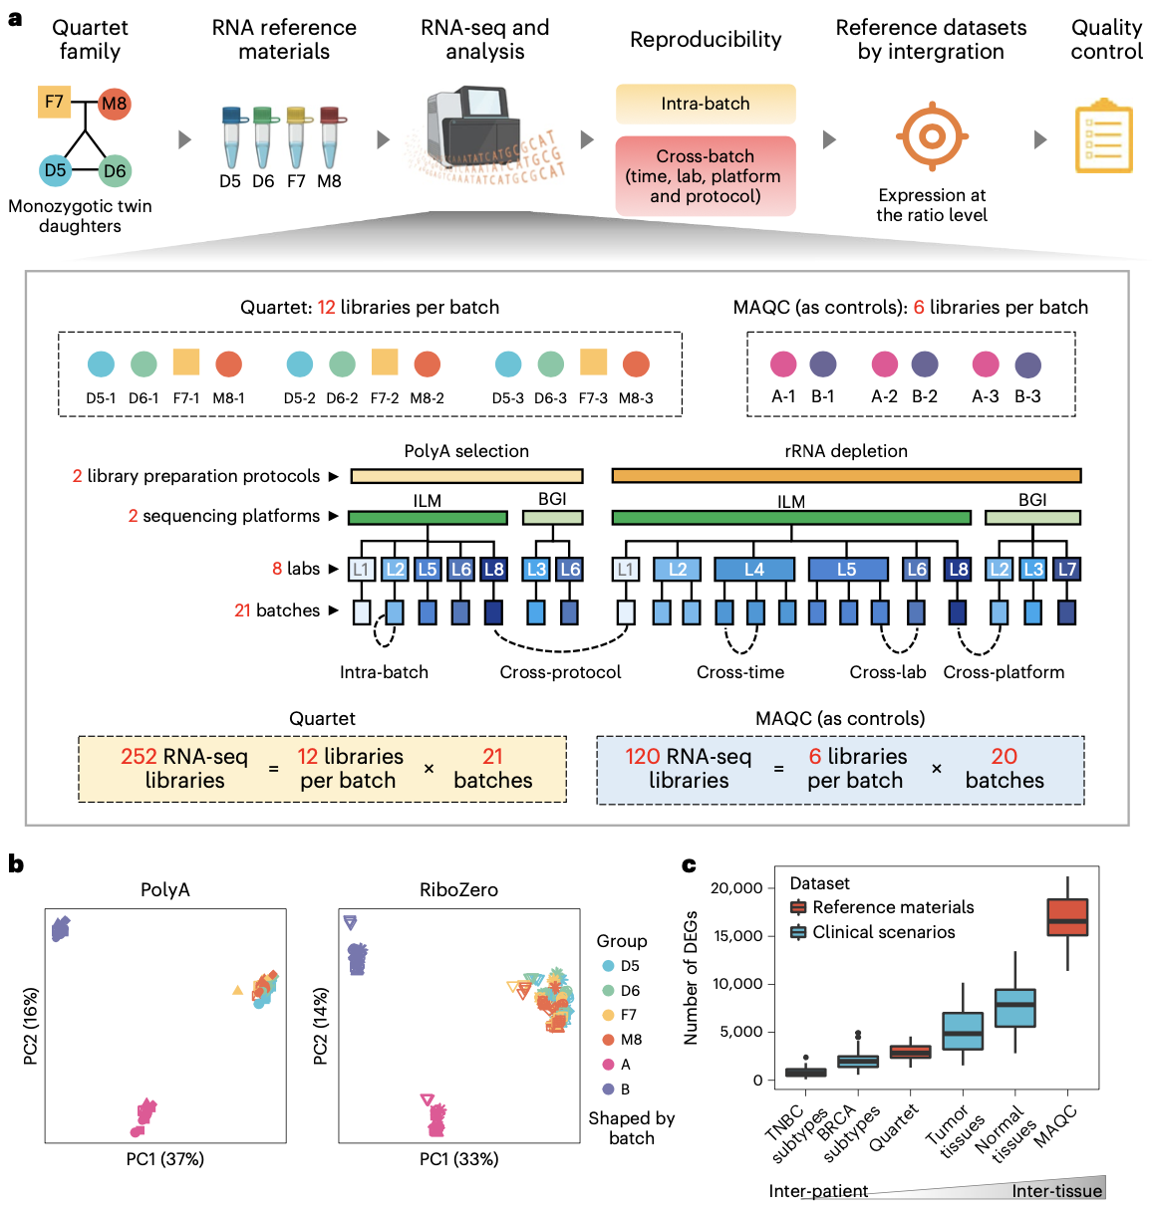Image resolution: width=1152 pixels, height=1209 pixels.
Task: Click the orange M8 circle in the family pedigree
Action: [115, 104]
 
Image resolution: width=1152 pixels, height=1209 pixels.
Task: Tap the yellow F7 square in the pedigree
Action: [54, 102]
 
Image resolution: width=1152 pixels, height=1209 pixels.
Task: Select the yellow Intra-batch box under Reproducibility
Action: [706, 104]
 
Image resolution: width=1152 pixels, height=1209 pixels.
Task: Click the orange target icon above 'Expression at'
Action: [932, 136]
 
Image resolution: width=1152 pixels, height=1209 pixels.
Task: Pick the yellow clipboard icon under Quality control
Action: [1104, 136]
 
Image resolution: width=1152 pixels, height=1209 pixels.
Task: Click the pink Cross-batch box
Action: [706, 175]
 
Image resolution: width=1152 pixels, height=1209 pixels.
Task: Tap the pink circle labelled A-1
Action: [783, 364]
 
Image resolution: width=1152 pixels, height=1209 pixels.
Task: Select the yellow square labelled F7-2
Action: [385, 362]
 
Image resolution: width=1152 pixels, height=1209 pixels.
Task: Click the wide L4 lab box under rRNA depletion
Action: [754, 570]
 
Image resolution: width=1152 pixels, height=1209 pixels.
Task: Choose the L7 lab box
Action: [1066, 570]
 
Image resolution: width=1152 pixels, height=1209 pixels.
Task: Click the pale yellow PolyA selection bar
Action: [466, 476]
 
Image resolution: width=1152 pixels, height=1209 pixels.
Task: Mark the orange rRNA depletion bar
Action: [846, 476]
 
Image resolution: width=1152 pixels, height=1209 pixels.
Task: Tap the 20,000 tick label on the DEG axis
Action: [736, 887]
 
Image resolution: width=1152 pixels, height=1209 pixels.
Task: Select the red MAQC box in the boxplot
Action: [1067, 917]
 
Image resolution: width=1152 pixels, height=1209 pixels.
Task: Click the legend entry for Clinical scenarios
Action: [883, 932]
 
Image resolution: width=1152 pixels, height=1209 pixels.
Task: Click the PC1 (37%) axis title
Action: [165, 1159]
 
